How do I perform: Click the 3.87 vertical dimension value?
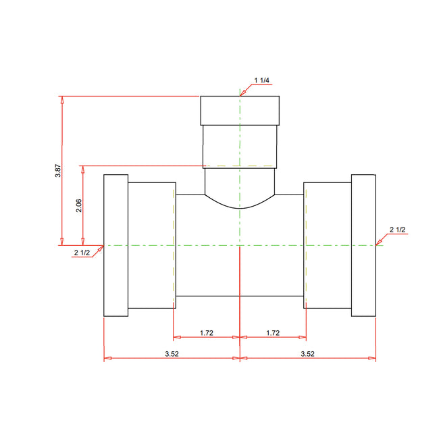(59, 170)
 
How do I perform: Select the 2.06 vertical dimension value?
(80, 205)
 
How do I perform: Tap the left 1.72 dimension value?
(207, 333)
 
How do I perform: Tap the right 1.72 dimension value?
(273, 333)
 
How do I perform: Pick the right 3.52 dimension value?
(307, 353)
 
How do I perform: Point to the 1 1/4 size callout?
(261, 81)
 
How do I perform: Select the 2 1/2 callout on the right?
(398, 230)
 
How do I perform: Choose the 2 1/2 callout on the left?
(82, 253)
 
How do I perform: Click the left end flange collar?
(115, 245)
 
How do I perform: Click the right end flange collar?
(363, 245)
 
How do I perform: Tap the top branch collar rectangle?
(239, 110)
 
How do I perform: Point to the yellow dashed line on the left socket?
(174, 245)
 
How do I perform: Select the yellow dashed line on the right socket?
(305, 245)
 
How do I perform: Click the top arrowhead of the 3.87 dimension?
(62, 100)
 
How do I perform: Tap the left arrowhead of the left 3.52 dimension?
(107, 359)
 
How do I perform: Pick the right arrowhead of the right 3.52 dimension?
(373, 359)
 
